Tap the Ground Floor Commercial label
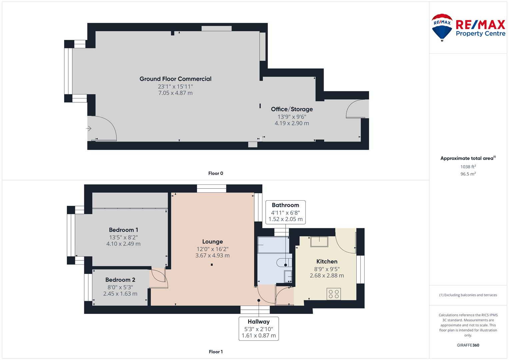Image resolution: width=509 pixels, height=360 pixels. pyautogui.click(x=175, y=79)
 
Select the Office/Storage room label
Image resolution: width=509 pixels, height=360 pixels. pyautogui.click(x=292, y=109)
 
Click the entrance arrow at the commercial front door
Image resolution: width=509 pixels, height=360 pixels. pyautogui.click(x=89, y=128)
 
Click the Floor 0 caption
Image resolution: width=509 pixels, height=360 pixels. pyautogui.click(x=216, y=173)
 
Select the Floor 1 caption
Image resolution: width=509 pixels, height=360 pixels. pyautogui.click(x=216, y=352)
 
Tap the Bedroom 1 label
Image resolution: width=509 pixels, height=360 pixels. pyautogui.click(x=123, y=230)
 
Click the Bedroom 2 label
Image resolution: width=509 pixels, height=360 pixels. pyautogui.click(x=120, y=280)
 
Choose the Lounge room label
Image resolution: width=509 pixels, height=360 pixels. pyautogui.click(x=212, y=242)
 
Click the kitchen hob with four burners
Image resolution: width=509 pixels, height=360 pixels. pyautogui.click(x=334, y=294)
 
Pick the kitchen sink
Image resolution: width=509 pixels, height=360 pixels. pyautogui.click(x=319, y=241)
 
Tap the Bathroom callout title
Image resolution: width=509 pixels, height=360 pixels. pyautogui.click(x=285, y=205)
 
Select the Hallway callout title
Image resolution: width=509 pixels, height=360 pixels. pyautogui.click(x=259, y=322)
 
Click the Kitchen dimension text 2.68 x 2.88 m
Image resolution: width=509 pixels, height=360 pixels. pyautogui.click(x=327, y=276)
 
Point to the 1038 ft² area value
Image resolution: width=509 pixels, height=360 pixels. pyautogui.click(x=468, y=167)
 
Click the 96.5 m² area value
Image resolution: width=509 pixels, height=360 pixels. pyautogui.click(x=468, y=174)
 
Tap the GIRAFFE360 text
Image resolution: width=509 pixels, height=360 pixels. pyautogui.click(x=468, y=345)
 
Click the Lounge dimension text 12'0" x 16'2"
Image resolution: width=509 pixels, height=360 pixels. pyautogui.click(x=212, y=249)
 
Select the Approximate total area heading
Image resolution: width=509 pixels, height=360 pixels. pyautogui.click(x=467, y=158)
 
